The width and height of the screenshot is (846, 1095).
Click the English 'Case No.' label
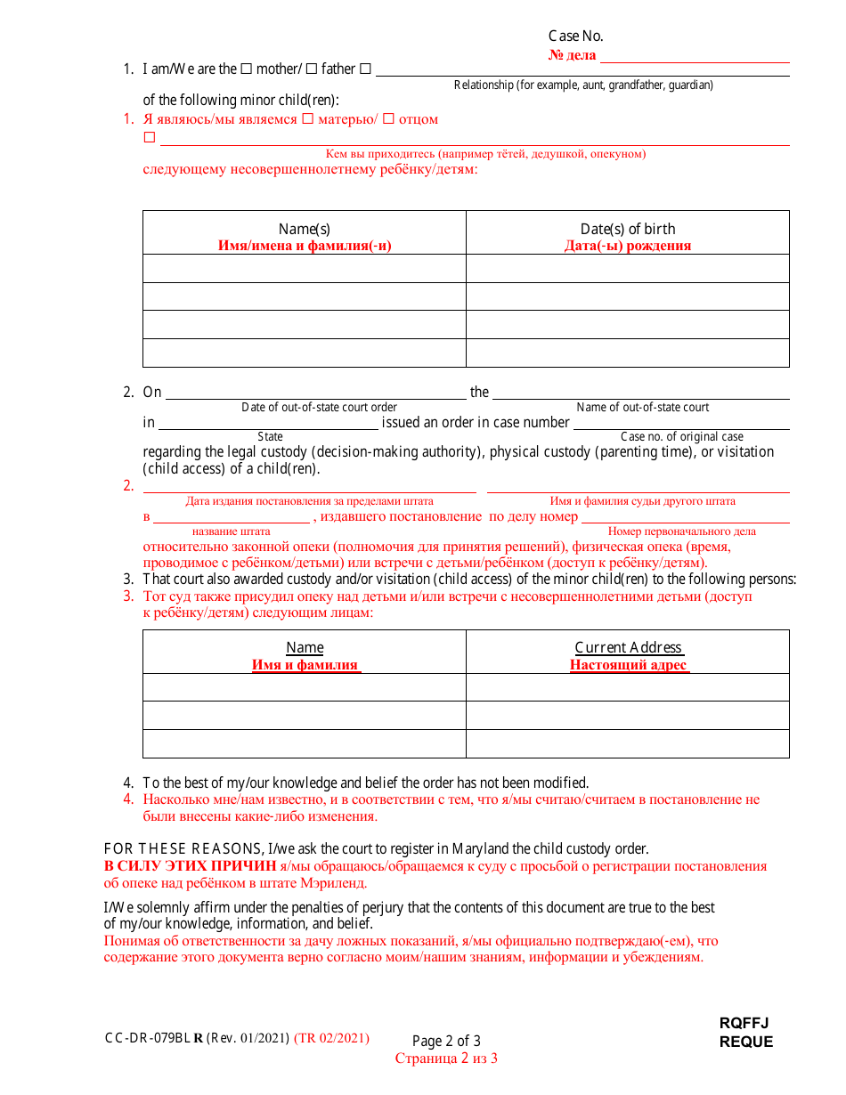click(575, 36)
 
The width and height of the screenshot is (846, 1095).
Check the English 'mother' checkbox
click(247, 69)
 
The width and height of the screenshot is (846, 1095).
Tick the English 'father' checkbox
click(312, 69)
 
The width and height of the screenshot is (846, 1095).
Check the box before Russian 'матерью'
click(307, 118)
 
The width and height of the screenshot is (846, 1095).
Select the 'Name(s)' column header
click(305, 229)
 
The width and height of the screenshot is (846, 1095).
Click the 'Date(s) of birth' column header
click(628, 229)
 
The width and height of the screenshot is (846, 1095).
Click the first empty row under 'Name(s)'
click(305, 268)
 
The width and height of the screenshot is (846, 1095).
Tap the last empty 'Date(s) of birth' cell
click(628, 353)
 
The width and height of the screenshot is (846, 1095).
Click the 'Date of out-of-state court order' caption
click(320, 408)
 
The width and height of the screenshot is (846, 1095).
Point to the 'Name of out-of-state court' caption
click(643, 408)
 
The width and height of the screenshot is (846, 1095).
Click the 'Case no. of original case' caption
click(682, 436)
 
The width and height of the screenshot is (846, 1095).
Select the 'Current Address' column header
click(628, 647)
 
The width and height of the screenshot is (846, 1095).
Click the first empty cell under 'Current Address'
click(628, 687)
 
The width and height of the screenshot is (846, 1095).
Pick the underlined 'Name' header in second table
click(305, 647)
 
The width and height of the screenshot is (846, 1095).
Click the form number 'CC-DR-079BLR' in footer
click(153, 1038)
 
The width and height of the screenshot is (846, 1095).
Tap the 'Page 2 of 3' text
click(446, 1041)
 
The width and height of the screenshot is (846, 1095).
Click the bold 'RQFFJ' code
click(744, 1024)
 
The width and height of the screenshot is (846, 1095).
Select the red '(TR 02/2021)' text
click(331, 1038)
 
